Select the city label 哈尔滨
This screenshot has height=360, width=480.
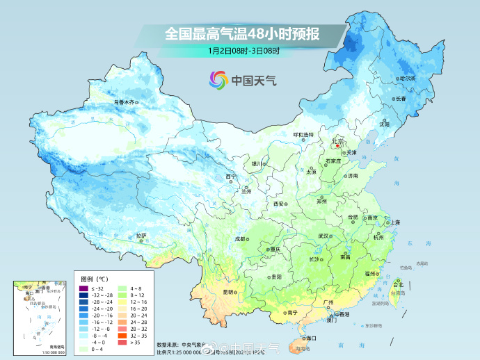(406, 79)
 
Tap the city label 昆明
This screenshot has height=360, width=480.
(227, 292)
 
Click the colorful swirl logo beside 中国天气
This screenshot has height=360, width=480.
(218, 80)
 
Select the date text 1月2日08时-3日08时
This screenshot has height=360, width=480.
(243, 51)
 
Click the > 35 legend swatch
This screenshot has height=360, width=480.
(124, 342)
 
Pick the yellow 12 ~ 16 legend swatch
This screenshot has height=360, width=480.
(124, 303)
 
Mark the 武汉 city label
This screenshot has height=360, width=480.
(323, 236)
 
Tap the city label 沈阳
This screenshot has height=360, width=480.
(403, 124)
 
